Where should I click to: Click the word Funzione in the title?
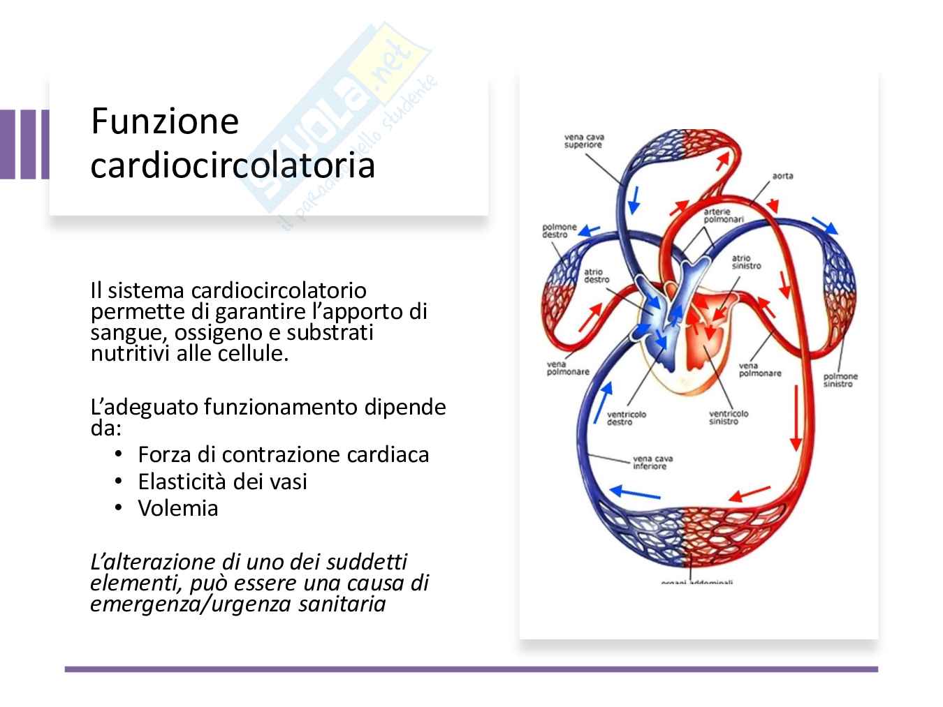coord(165,121)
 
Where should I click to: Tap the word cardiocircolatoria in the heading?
coord(233,166)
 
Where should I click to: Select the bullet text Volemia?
coord(178,508)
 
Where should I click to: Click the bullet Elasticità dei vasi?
coord(222,482)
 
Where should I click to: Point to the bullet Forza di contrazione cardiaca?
coord(283,455)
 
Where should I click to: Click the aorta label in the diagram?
coord(782,176)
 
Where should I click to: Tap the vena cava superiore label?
coord(584,142)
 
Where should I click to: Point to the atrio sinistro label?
coord(746,262)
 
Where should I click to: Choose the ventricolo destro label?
coord(626,418)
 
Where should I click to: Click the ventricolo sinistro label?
coord(728,417)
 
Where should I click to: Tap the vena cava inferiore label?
coord(652,463)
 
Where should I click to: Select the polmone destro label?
coord(560,231)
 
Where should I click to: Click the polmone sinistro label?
coord(840,380)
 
